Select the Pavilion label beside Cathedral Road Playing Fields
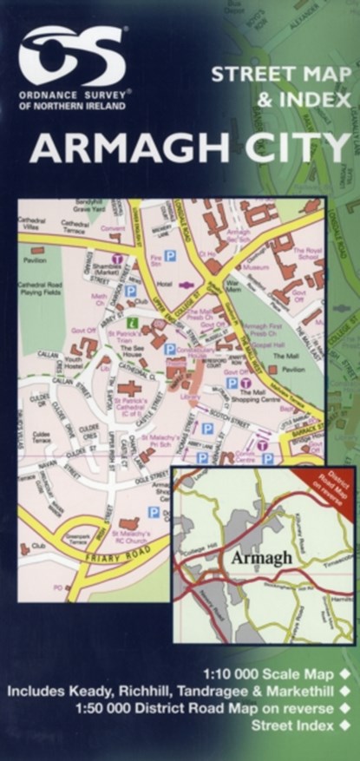[36, 259]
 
